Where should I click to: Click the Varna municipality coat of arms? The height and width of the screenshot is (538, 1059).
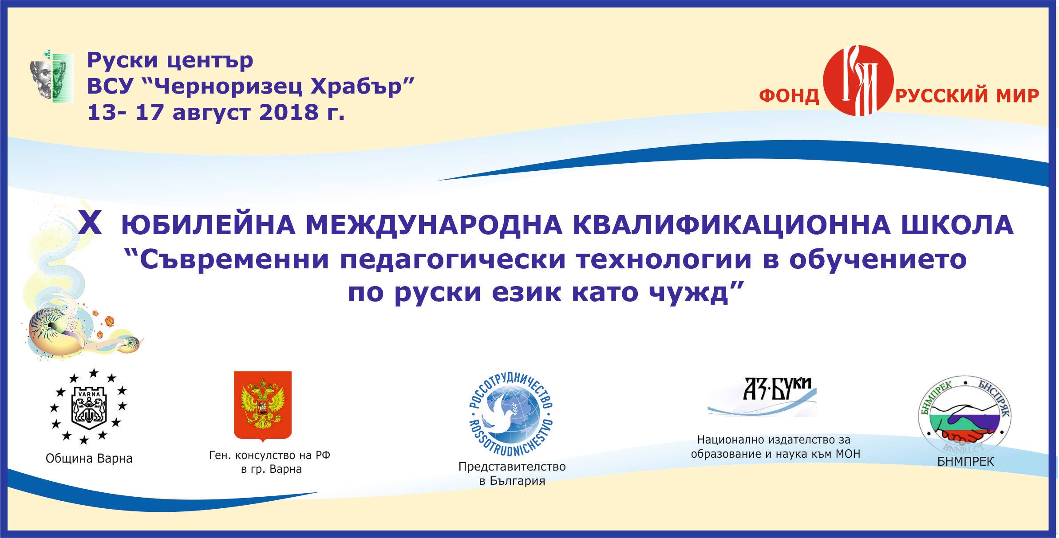[x=89, y=406]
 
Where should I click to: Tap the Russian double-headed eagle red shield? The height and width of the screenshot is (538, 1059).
[x=263, y=406]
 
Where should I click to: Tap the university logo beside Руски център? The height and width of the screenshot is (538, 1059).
[x=52, y=75]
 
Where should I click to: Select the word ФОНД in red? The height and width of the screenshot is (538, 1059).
[x=789, y=96]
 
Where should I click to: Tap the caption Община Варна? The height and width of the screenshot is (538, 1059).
[x=89, y=459]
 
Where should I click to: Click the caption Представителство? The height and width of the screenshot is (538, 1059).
[x=512, y=467]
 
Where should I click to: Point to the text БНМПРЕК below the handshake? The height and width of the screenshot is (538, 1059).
[x=966, y=462]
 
